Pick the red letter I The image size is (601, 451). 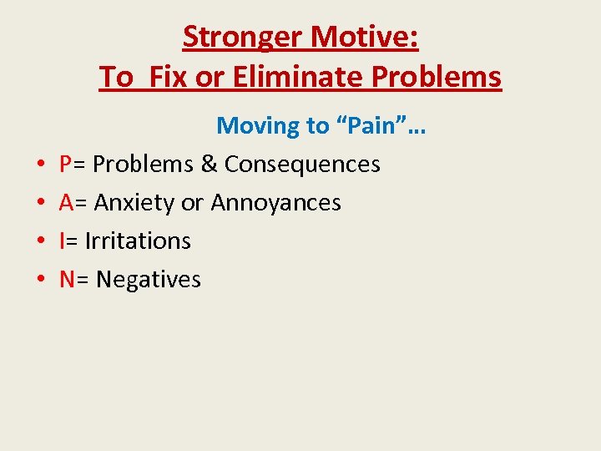(63, 241)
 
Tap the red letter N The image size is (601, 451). (68, 280)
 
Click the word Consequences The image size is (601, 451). (302, 165)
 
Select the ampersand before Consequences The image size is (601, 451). (209, 165)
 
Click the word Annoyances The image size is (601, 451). (275, 203)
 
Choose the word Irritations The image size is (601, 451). (138, 241)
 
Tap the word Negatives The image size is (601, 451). (149, 280)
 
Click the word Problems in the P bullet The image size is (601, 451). (143, 165)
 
